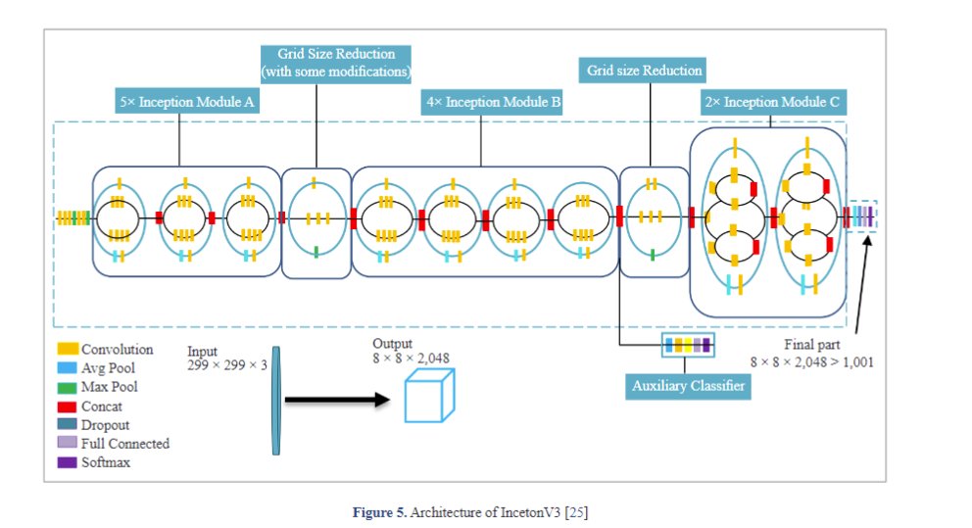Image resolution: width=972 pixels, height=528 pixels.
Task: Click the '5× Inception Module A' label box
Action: coord(186,102)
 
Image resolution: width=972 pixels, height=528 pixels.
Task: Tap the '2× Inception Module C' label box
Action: coord(769,102)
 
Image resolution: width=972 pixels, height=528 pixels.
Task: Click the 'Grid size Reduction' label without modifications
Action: coord(645,72)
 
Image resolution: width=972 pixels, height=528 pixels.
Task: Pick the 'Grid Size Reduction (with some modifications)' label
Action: coord(335,64)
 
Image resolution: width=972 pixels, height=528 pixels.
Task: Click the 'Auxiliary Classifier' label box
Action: coord(688,386)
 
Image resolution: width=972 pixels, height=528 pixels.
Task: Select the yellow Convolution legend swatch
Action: coord(68,349)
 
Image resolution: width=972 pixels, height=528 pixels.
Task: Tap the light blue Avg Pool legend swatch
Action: coord(68,367)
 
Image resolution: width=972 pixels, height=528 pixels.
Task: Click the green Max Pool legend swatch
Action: coord(68,387)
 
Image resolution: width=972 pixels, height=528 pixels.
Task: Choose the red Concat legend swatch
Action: coord(68,406)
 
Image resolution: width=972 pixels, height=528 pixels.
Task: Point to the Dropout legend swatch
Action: coord(68,424)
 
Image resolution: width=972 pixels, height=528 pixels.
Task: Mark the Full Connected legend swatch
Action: coord(68,443)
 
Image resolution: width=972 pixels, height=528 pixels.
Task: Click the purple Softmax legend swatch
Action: coord(68,461)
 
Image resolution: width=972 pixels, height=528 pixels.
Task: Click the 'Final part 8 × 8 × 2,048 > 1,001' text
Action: coord(812,353)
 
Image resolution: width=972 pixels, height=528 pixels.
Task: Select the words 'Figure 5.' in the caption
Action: coord(380,512)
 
